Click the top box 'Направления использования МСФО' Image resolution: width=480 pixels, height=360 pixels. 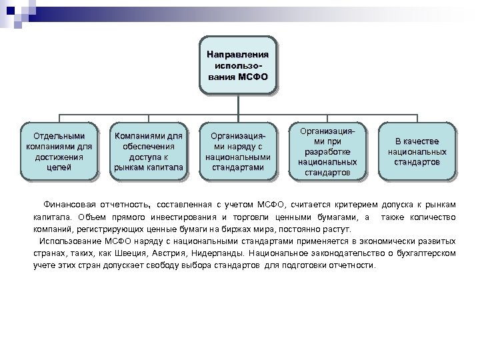pyautogui.click(x=237, y=65)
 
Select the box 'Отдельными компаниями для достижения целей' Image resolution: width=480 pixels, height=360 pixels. pyautogui.click(x=59, y=151)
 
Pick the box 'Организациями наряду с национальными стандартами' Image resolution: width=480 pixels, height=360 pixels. pyautogui.click(x=237, y=151)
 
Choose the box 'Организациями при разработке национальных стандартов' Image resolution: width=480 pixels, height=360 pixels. pyautogui.click(x=327, y=151)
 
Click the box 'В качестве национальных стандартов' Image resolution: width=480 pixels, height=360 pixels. pyautogui.click(x=417, y=151)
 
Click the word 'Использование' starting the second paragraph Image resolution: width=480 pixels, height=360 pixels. pyautogui.click(x=70, y=241)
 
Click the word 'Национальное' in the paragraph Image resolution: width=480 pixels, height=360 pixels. pyautogui.click(x=301, y=253)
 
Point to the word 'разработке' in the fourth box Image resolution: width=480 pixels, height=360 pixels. pyautogui.click(x=327, y=151)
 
